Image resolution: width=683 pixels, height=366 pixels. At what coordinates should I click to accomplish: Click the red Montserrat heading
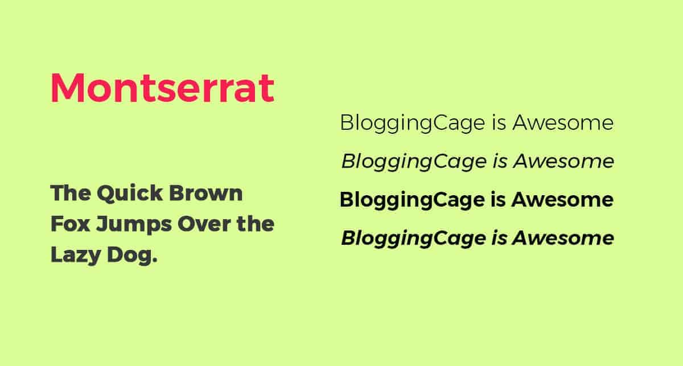(163, 88)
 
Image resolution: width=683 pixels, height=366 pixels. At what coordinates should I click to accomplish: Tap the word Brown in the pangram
(206, 193)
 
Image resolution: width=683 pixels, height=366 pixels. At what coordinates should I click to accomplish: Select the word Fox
(70, 224)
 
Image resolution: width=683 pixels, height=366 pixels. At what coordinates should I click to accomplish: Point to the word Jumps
(134, 225)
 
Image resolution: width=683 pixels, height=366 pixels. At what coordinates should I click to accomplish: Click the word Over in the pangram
(204, 224)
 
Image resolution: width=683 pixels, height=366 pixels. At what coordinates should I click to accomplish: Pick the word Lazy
(76, 256)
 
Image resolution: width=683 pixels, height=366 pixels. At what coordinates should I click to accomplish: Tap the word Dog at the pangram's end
(132, 256)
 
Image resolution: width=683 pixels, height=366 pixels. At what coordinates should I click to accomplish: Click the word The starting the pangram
(71, 193)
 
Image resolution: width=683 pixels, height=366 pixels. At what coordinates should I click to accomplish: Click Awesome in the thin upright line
(563, 122)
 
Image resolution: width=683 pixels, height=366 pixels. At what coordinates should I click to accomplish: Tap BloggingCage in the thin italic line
(414, 162)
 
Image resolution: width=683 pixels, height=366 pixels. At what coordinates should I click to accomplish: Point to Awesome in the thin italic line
(564, 161)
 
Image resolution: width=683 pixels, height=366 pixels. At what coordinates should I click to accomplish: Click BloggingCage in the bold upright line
(412, 201)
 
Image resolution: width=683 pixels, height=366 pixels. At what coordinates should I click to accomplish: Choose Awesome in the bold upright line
(562, 199)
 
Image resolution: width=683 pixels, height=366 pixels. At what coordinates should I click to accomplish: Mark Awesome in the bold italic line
(563, 238)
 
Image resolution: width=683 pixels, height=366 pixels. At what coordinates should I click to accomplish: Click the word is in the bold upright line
(498, 199)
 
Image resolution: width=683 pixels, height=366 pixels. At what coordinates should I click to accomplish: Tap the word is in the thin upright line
(499, 122)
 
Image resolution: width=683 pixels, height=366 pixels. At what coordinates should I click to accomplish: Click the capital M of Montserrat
(67, 88)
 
